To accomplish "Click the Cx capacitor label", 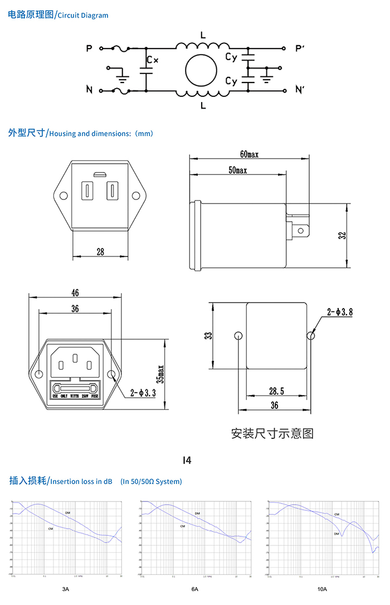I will click(152, 59).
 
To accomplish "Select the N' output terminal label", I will click(300, 90).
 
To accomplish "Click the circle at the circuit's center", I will click(201, 70).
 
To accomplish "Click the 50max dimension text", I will click(238, 170).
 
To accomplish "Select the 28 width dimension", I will click(100, 252).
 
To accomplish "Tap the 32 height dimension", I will click(343, 235).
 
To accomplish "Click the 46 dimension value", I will click(75, 293).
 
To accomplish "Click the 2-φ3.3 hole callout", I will click(143, 393).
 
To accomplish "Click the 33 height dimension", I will click(208, 336).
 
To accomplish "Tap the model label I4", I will click(187, 460).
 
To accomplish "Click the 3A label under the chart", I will click(66, 589).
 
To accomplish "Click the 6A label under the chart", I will click(194, 589).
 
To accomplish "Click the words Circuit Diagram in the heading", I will click(83, 16).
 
